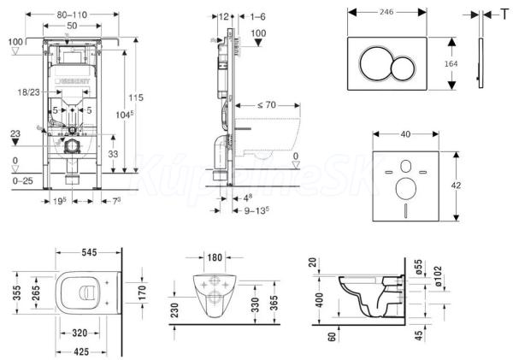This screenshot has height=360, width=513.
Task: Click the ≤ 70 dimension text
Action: pyautogui.click(x=266, y=105)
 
